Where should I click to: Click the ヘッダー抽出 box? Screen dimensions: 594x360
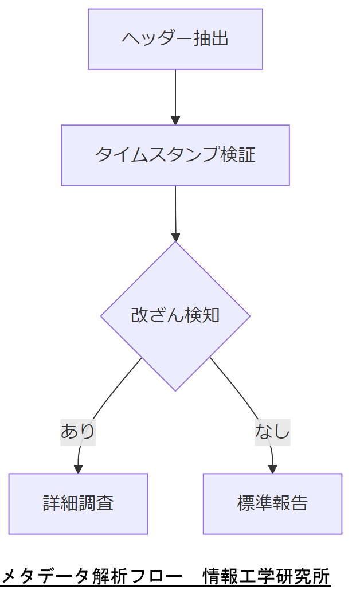pos(175,39)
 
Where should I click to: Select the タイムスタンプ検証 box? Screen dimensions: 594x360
pos(175,155)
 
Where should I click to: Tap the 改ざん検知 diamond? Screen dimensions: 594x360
pos(175,316)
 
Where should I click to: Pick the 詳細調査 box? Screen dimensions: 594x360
pos(78,503)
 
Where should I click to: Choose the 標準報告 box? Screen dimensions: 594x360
pos(272,503)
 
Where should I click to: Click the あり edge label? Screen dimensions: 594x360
pos(78,430)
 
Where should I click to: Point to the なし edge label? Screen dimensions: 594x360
pos(272,430)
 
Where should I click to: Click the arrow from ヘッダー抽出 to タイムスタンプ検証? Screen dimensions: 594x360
pos(175,95)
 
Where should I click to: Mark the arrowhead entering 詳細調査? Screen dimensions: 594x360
pos(78,469)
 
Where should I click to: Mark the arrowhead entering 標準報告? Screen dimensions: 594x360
pos(272,469)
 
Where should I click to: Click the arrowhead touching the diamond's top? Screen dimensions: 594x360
pos(175,237)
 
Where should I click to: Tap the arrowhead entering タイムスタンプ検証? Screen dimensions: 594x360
pos(175,120)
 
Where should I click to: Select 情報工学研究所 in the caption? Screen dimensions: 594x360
pos(267,576)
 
